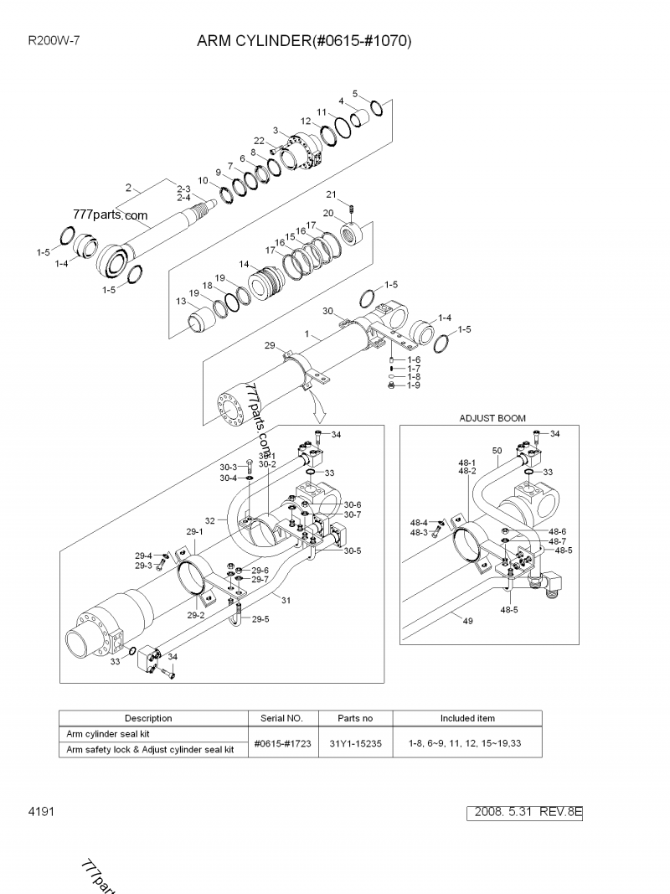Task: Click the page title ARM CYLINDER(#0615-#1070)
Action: pos(304,40)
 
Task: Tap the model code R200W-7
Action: pos(54,40)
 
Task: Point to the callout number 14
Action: pos(243,264)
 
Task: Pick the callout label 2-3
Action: pos(183,189)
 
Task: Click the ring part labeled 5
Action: pos(377,107)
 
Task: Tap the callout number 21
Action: pos(331,195)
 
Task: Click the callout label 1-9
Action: pos(414,385)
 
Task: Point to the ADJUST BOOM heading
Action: pos(492,417)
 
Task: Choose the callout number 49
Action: pos(467,620)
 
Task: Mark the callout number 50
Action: pos(497,450)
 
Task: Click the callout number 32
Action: pos(210,520)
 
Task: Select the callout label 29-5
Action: pos(260,619)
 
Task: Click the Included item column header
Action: pos(467,718)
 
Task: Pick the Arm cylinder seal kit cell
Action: pos(108,734)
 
